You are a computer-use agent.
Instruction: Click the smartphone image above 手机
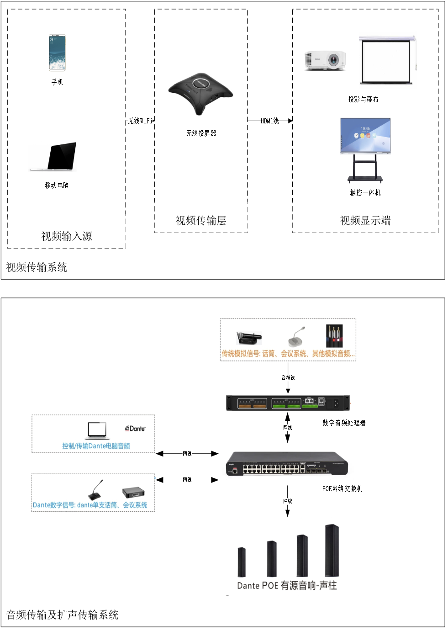pos(57,53)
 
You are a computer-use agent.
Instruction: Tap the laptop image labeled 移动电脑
pos(54,157)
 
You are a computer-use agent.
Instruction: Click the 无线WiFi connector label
pos(140,121)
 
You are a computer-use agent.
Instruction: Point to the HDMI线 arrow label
pos(269,121)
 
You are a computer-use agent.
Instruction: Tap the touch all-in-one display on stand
pos(365,148)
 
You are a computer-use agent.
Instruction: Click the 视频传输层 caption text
pos(201,221)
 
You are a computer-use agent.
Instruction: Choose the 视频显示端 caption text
pos(365,221)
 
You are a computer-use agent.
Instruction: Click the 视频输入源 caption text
pos(67,236)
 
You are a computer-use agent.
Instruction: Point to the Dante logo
pos(135,429)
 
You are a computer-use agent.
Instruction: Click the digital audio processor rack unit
pos(288,403)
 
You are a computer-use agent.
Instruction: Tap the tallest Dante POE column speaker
pos(332,550)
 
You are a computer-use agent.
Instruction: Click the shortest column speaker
pos(241,562)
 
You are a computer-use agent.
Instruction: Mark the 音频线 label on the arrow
pos(288,377)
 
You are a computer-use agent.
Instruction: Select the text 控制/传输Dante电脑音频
pos(96,446)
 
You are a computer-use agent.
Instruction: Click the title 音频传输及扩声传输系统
pos(63,615)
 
